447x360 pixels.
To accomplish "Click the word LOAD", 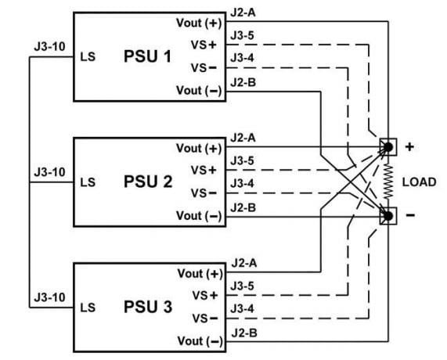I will pos(419,182).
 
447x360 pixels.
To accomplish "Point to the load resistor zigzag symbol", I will pos(387,181).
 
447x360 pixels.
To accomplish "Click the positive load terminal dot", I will pos(387,147).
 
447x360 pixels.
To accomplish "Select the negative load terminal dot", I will pos(387,214).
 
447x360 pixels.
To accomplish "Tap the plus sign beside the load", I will pos(409,146).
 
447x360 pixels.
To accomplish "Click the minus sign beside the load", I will pos(409,214).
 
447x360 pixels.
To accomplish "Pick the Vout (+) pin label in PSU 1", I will pos(200,23).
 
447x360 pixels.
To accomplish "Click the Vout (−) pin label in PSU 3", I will pos(200,341).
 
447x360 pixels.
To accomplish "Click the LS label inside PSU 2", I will pos(88,182).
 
